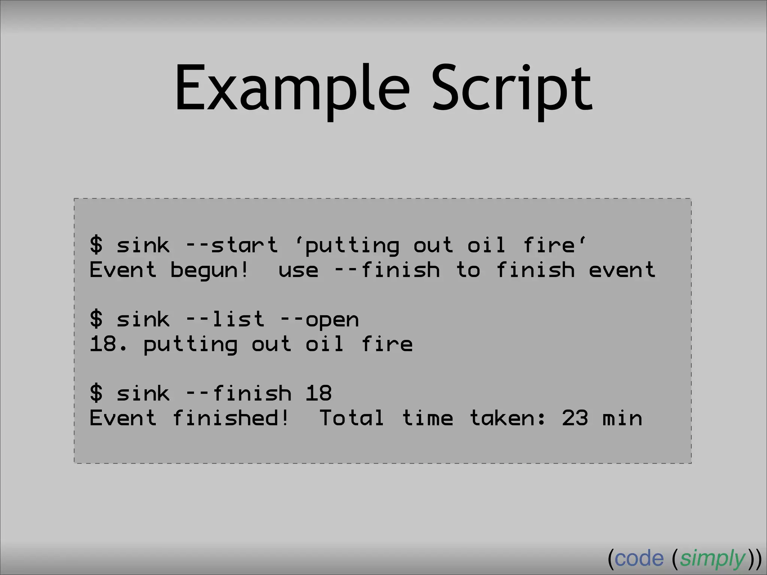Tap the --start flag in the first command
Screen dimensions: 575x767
(x=232, y=245)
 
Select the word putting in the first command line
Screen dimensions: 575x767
(x=352, y=246)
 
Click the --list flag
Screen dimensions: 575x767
(x=225, y=319)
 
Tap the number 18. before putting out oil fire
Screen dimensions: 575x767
(x=109, y=344)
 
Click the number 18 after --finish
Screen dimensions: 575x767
(x=318, y=393)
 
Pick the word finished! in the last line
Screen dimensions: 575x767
(x=231, y=418)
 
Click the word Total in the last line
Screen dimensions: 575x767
(x=352, y=418)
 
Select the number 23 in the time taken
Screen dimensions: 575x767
(x=575, y=418)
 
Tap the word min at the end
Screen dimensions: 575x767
(x=622, y=418)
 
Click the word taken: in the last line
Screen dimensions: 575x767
(x=507, y=418)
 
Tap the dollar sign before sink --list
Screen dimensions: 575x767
(x=96, y=319)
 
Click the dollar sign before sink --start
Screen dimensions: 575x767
(x=96, y=245)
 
